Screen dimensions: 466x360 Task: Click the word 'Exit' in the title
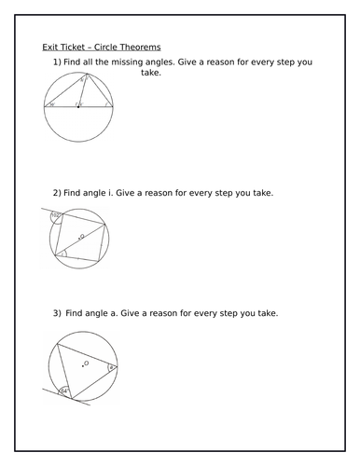[51, 47]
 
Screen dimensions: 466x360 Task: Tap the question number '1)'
[57, 62]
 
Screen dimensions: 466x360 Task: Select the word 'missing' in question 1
[142, 62]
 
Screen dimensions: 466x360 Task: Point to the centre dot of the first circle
[79, 108]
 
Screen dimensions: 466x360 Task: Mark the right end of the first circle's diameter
[114, 108]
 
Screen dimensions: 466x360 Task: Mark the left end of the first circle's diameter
[44, 108]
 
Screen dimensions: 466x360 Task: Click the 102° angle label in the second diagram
[56, 216]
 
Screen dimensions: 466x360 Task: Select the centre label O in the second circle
[83, 238]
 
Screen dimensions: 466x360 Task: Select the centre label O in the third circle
[86, 364]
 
